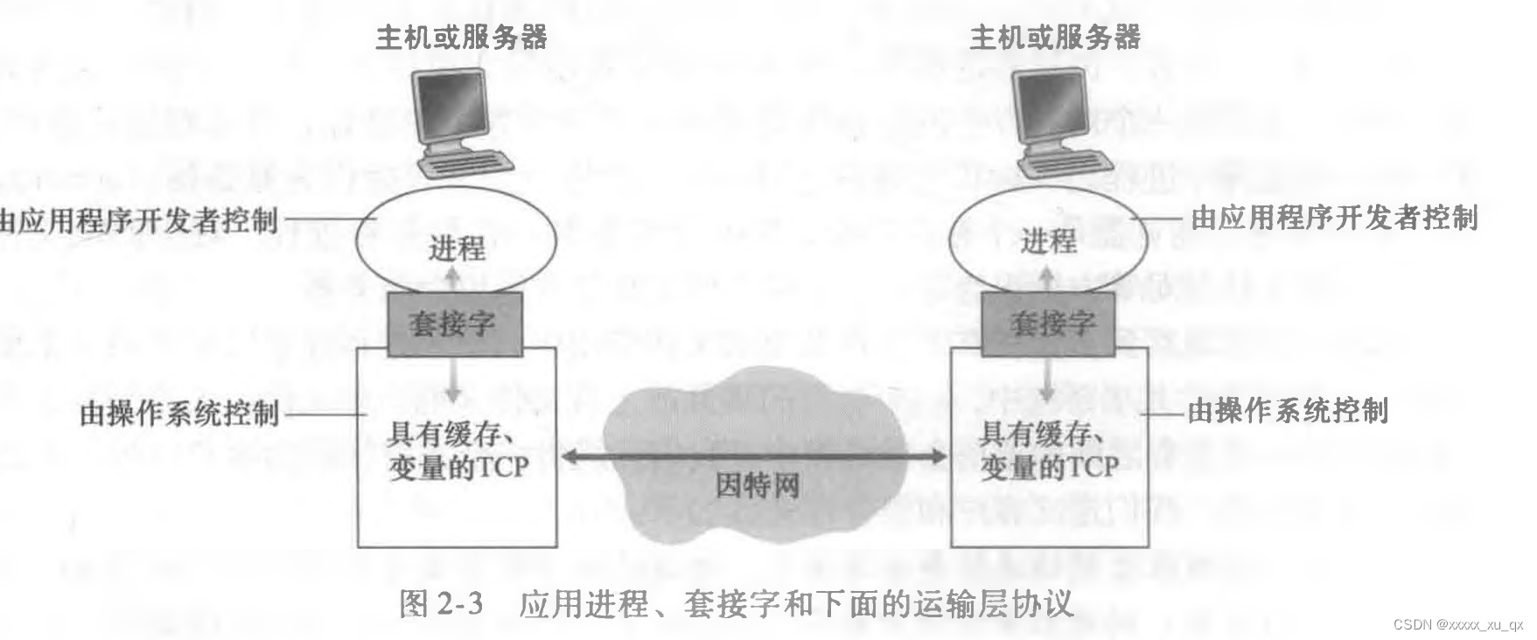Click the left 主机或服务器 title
(x=461, y=37)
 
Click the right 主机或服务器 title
(x=1055, y=37)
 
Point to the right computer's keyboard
(x=1068, y=163)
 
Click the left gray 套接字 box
(x=454, y=324)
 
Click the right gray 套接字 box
(x=1048, y=324)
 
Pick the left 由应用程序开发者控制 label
(x=138, y=220)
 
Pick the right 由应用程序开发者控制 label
(x=1334, y=217)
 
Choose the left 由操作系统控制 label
(x=179, y=413)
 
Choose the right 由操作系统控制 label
(x=1287, y=410)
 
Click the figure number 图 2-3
(x=441, y=604)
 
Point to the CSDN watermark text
(x=1457, y=624)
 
